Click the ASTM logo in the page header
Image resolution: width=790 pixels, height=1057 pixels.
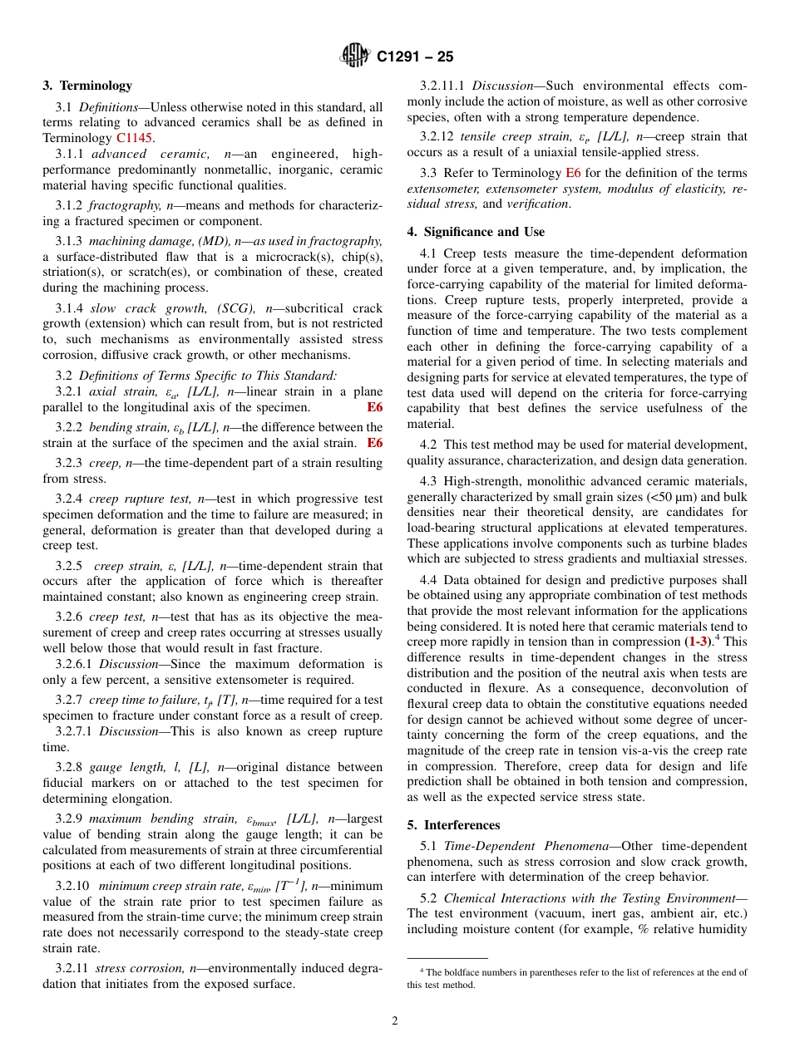tap(355, 56)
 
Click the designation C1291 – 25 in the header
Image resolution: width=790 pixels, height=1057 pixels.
tap(415, 57)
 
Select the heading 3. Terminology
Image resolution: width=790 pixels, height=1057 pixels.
tap(87, 86)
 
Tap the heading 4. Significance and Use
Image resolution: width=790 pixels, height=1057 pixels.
tap(476, 232)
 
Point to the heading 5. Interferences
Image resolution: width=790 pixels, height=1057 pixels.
tap(453, 825)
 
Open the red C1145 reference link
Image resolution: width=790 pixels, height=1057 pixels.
tap(134, 138)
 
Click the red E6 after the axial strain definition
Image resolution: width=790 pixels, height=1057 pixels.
tap(375, 407)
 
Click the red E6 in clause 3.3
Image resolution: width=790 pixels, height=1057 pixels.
tap(573, 173)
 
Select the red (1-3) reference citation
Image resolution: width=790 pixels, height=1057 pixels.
tap(697, 642)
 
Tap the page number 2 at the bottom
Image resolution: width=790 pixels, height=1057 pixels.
tap(395, 1020)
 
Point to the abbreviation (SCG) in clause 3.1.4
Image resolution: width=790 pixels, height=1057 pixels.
tap(235, 308)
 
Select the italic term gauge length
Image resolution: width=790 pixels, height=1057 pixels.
tap(122, 767)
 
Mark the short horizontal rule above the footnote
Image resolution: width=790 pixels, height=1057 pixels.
tap(447, 959)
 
